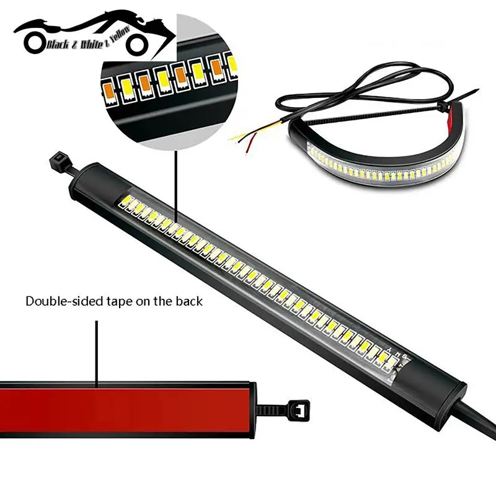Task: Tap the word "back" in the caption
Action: click(187, 303)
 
